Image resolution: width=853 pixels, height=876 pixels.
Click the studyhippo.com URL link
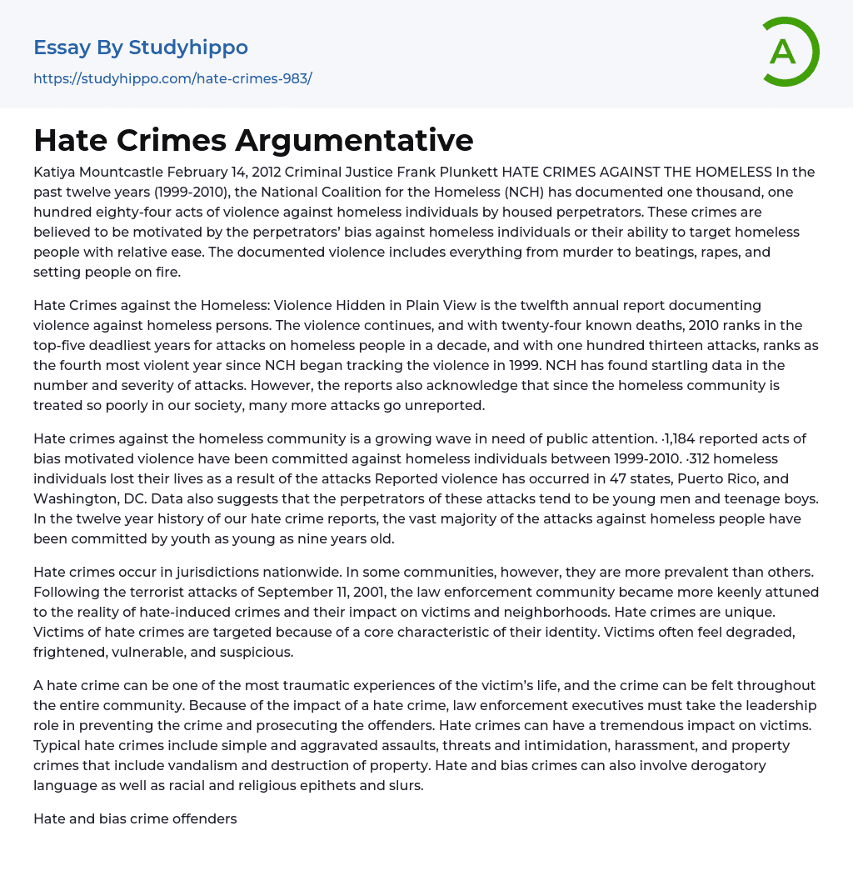pos(172,79)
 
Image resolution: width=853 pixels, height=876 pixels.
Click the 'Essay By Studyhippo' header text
pos(141,48)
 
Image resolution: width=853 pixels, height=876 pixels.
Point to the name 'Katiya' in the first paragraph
pos(54,173)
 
